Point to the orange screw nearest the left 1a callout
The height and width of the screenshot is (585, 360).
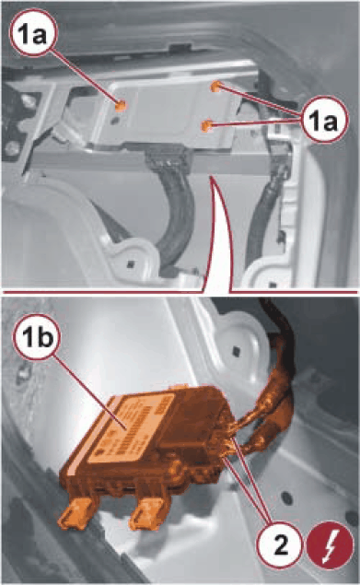120,106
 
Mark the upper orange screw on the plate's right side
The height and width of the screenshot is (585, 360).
215,87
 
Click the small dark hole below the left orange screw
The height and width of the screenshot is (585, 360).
114,120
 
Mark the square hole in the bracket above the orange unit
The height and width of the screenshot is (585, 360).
236,351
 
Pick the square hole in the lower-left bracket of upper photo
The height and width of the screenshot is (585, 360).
130,264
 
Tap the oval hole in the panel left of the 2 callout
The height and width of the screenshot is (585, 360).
287,497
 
